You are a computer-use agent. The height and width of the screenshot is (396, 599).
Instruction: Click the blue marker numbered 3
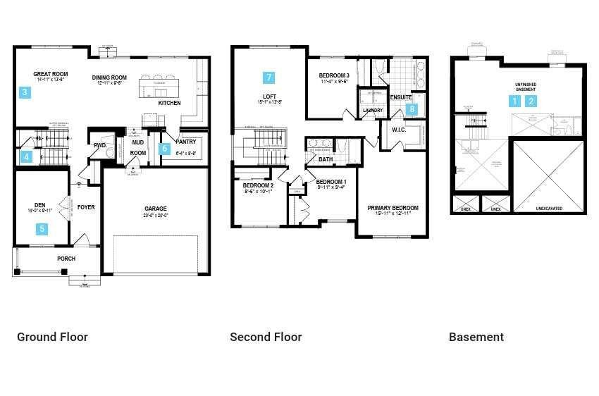(x=25, y=92)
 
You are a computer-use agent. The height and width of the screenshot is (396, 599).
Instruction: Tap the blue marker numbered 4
(x=26, y=156)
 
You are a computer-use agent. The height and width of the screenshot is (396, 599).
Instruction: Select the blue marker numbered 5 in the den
(x=42, y=228)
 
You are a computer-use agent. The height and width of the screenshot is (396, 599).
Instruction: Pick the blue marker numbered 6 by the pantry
(x=165, y=149)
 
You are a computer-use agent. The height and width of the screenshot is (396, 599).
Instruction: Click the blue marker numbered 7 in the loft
(x=268, y=78)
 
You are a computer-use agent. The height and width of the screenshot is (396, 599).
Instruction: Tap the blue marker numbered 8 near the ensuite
(x=412, y=109)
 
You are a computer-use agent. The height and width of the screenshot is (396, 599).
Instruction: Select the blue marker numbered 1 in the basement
(x=515, y=101)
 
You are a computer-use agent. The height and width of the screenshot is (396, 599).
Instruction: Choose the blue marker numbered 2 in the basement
(x=532, y=101)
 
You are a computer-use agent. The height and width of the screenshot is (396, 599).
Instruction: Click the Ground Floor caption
(x=52, y=337)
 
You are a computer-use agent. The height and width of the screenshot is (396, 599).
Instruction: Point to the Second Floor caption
(x=266, y=337)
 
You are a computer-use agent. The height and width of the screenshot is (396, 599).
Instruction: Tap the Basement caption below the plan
(x=476, y=337)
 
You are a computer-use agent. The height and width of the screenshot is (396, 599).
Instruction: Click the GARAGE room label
(x=156, y=209)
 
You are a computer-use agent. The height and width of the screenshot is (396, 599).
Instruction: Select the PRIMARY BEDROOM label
(x=393, y=208)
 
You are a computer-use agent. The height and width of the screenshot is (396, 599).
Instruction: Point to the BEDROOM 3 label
(x=334, y=75)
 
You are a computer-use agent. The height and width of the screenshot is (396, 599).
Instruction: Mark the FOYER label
(x=86, y=207)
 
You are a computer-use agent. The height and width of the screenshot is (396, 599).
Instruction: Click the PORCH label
(x=66, y=259)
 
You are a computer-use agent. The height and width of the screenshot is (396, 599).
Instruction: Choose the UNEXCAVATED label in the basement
(x=549, y=209)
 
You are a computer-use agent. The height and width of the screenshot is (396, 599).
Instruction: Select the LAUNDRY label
(x=372, y=111)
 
